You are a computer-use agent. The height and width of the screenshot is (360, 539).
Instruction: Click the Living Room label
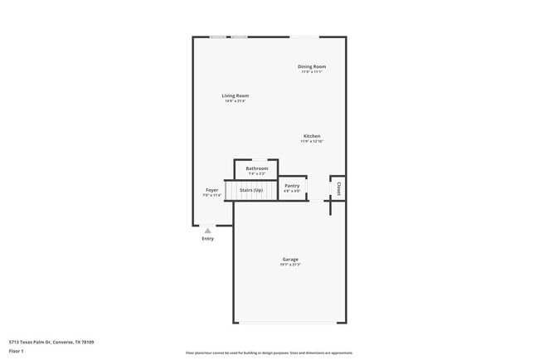coord(236,95)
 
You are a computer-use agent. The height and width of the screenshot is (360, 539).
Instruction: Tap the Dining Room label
coord(312,66)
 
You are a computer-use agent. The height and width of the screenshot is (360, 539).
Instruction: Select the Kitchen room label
coord(312,136)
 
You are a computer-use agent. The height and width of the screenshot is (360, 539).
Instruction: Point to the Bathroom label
coord(257,168)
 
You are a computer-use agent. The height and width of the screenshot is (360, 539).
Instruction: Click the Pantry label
coord(292,186)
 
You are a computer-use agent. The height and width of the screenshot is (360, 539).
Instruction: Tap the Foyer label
coord(212,190)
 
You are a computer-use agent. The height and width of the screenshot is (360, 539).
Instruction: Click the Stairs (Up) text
coord(251,190)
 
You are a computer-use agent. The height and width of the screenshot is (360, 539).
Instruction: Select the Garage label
coord(289,260)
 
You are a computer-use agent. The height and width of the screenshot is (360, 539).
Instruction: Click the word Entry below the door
coord(207,239)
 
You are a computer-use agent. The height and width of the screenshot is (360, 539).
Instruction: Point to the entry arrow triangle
coord(207,231)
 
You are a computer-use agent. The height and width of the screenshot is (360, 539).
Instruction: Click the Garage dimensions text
coord(289,265)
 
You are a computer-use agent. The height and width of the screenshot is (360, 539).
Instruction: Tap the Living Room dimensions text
coord(236,101)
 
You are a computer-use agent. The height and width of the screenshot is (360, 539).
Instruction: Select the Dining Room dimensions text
coord(312,72)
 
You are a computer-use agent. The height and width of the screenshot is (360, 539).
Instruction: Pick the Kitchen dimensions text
coord(312,142)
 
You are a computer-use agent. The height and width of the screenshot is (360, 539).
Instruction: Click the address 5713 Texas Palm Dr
coord(51,342)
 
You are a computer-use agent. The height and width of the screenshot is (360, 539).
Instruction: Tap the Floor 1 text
coord(17,352)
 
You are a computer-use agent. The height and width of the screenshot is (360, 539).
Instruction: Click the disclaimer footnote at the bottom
coord(269,353)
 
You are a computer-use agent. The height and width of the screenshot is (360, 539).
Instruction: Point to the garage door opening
coord(289,323)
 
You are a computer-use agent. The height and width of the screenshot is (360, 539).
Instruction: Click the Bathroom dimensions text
coord(257,173)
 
